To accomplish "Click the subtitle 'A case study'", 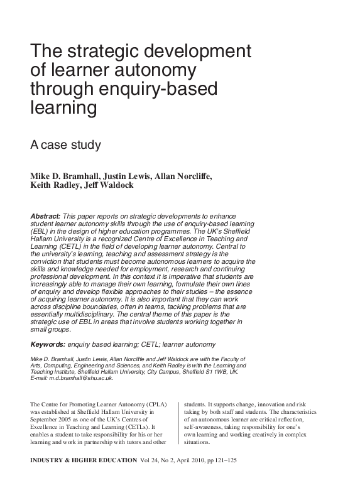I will tap(65, 145).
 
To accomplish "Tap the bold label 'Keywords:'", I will tap(48, 344).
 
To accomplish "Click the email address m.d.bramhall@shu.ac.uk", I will tap(82, 378).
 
